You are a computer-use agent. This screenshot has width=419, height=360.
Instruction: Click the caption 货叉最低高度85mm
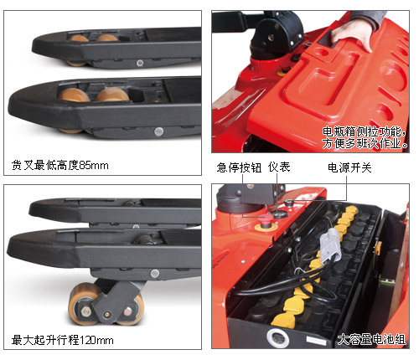point(59,165)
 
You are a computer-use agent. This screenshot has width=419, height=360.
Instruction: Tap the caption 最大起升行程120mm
point(62,340)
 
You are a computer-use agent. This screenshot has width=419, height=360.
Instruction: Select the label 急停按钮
point(239,167)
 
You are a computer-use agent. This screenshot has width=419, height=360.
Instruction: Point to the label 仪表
point(279,167)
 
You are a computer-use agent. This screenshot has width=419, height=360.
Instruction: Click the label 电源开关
point(349,167)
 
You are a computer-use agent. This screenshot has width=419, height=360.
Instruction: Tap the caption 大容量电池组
point(371,339)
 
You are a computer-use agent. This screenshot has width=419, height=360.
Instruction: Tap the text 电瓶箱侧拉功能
point(362,131)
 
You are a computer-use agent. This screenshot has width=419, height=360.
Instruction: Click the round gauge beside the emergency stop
point(280,214)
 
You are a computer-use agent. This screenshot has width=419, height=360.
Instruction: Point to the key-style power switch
point(289,202)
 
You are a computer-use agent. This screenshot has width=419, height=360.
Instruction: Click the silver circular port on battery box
point(277,338)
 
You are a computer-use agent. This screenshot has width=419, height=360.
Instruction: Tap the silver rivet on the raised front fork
point(155,274)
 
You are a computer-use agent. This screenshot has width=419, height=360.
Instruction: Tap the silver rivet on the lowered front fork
point(158,131)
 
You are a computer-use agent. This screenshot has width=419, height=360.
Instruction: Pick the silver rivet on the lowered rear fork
point(140,63)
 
